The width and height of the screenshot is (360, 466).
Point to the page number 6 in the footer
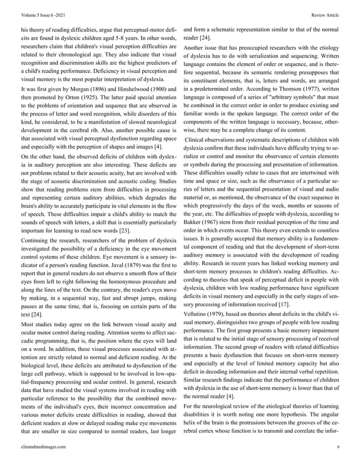pyautogui.click(x=337, y=446)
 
